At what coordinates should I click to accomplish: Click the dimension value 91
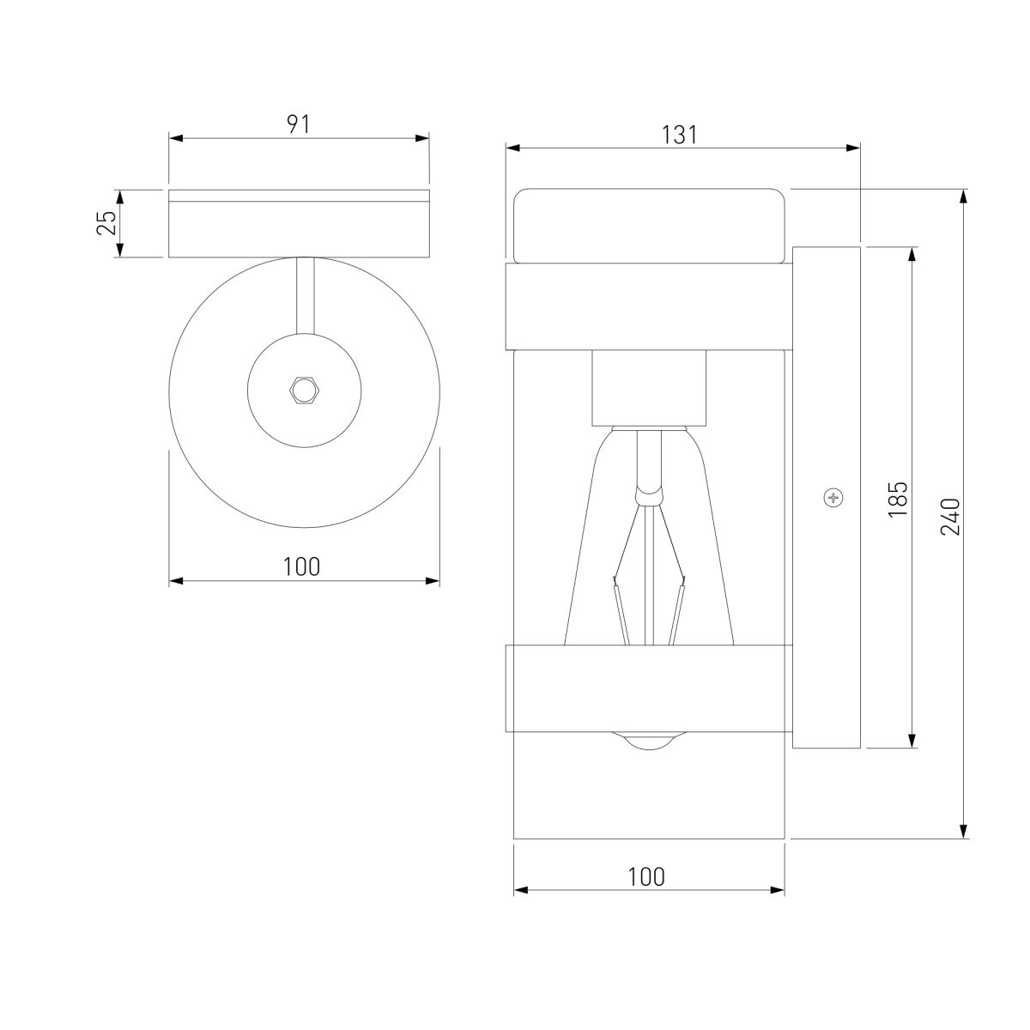click(x=299, y=124)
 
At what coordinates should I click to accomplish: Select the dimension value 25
click(x=106, y=223)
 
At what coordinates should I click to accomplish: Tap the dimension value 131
click(x=680, y=136)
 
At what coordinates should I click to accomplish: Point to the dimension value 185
click(x=898, y=499)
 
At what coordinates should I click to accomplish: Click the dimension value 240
click(x=950, y=517)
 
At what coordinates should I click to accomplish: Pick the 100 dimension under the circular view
click(x=301, y=566)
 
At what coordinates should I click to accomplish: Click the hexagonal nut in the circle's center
click(x=304, y=391)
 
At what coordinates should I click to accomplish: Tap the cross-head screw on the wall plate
click(x=833, y=498)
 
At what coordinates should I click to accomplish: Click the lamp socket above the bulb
click(x=649, y=388)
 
